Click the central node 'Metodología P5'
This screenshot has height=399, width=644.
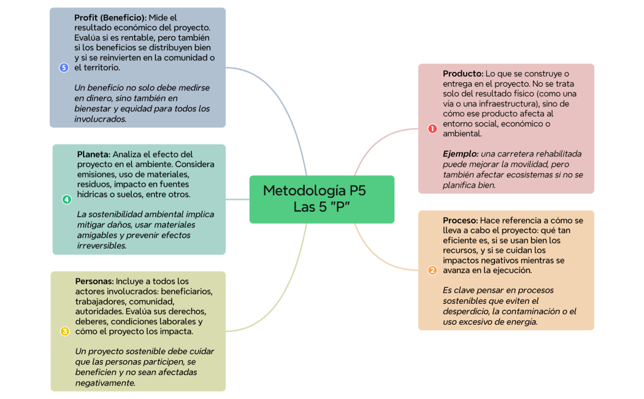point(321,199)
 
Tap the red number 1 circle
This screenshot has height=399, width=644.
point(432,128)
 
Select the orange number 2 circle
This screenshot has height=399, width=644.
point(432,270)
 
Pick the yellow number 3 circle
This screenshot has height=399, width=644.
point(64,331)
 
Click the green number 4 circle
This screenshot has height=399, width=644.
point(67,199)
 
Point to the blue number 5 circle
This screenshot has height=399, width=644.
point(64,68)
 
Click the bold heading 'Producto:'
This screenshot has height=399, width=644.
point(463,74)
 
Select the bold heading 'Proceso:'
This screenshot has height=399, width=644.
point(460,220)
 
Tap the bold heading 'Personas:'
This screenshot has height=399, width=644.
point(94,281)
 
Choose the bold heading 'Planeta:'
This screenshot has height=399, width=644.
point(93,154)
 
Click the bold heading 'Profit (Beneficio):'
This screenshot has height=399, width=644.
point(110,17)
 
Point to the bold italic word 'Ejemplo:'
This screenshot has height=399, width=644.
point(460,153)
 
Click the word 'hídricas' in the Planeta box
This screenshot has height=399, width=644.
point(92,194)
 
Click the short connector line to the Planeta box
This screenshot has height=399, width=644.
point(237,199)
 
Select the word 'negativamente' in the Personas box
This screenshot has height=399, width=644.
point(104,382)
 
